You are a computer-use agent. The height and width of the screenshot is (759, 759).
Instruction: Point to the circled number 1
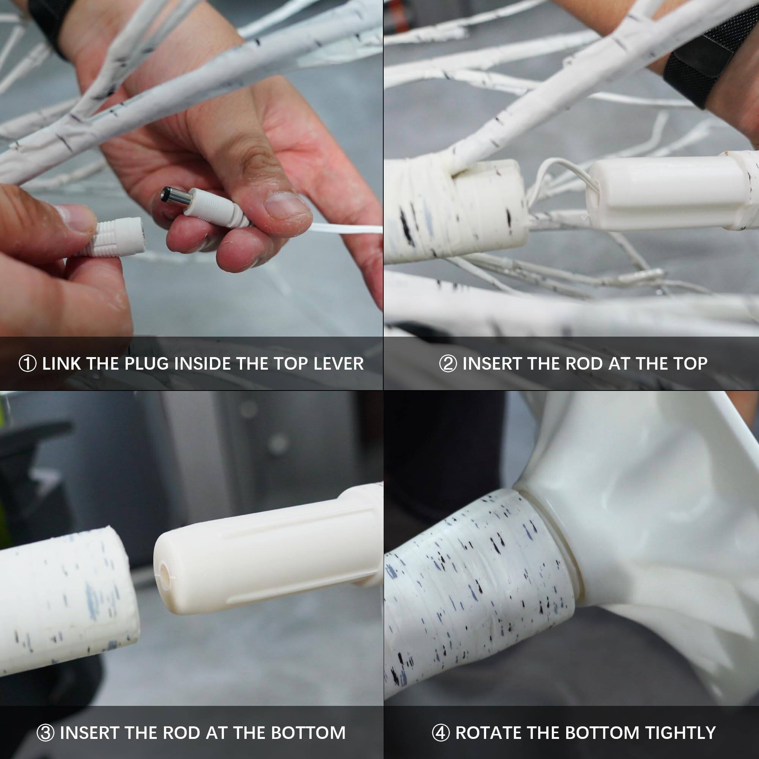[x=28, y=364]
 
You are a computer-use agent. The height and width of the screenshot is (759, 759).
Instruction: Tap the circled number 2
[x=448, y=364]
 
